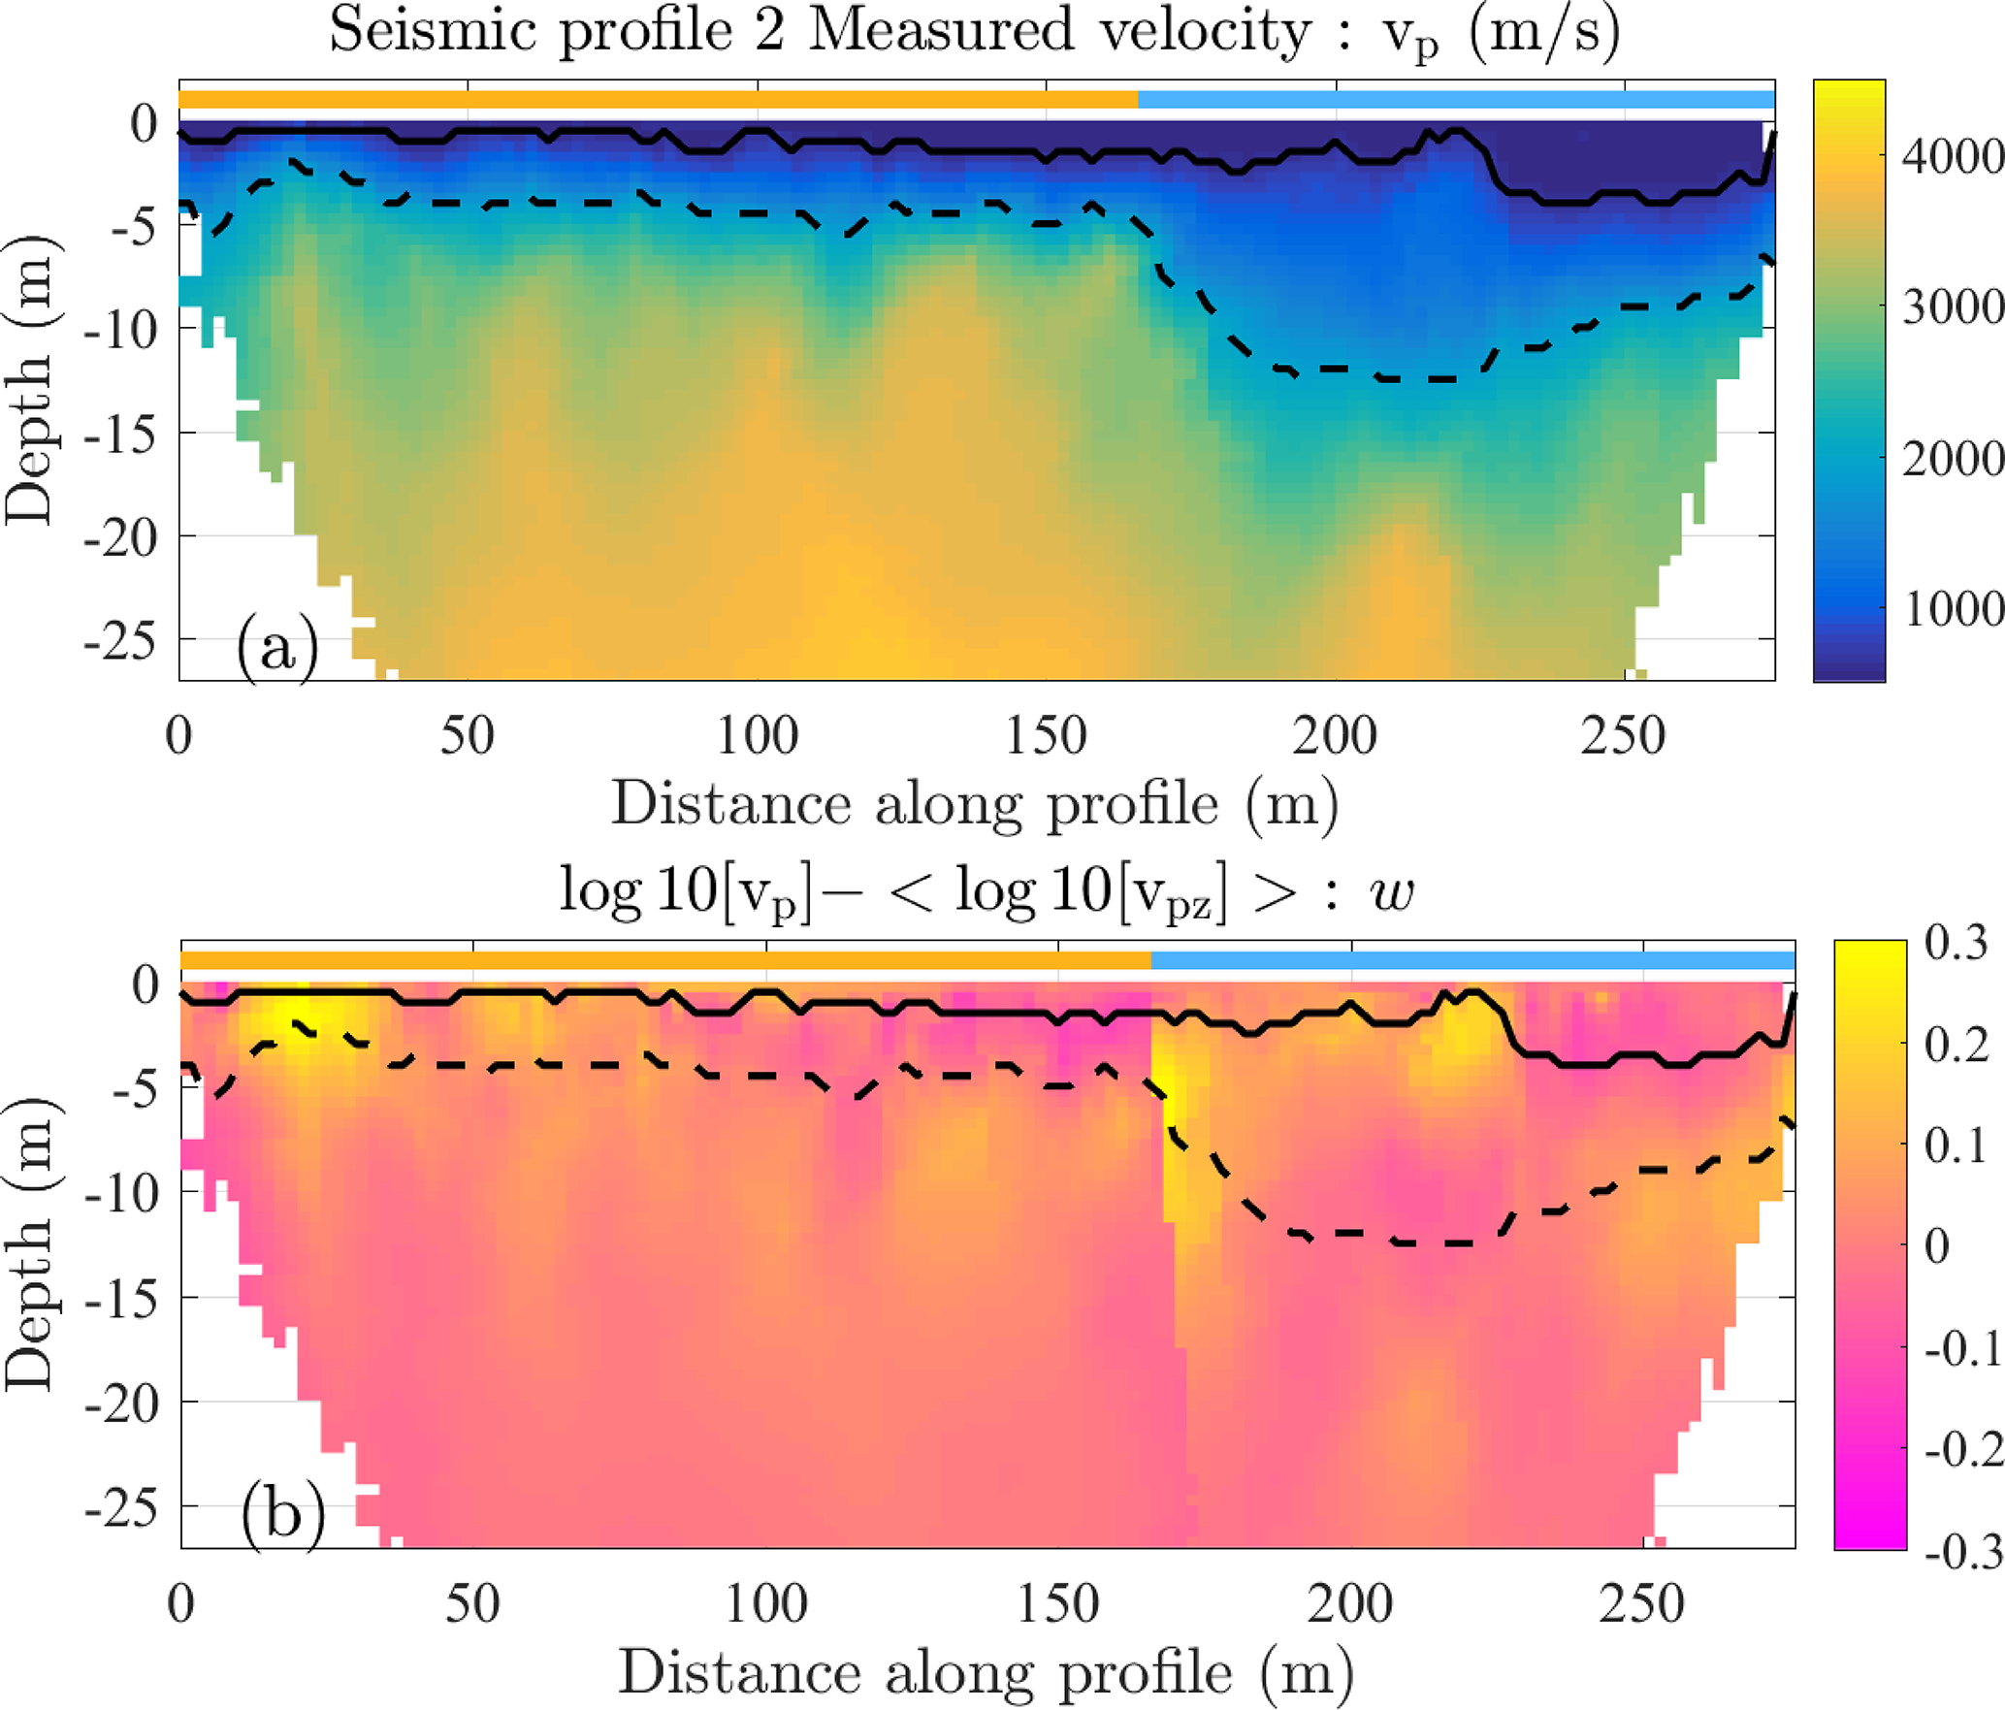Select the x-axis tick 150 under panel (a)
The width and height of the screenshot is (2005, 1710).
[1046, 735]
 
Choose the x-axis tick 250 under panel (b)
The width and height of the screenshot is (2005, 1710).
[1641, 1603]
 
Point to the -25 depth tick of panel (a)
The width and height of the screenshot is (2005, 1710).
[121, 641]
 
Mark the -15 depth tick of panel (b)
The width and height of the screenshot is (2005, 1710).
[121, 1299]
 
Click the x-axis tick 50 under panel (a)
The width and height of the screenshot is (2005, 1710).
[467, 735]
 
